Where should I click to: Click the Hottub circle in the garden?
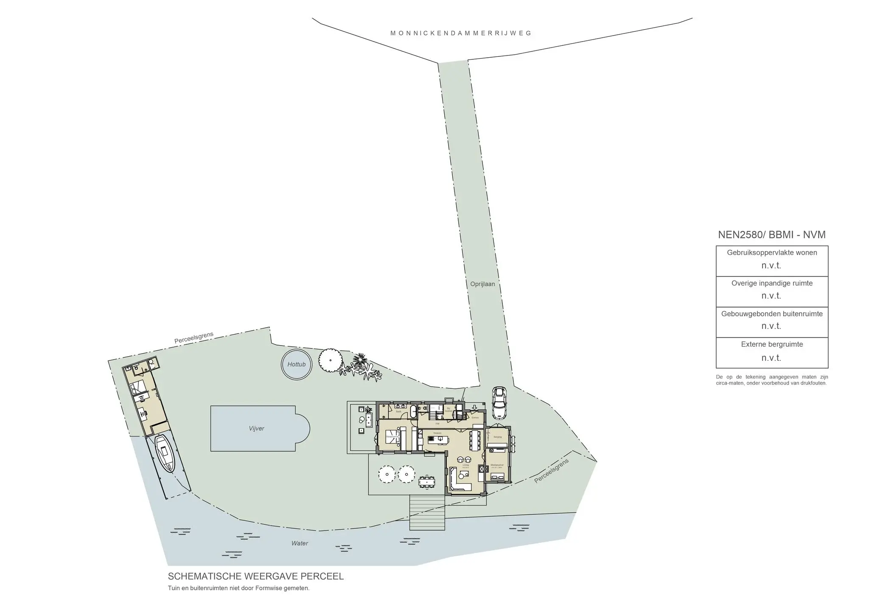click(296, 364)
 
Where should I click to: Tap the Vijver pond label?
click(256, 429)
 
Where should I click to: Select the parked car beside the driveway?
click(499, 402)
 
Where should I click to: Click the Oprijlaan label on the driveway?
click(482, 284)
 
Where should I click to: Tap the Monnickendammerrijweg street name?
click(460, 33)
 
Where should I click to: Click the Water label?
click(300, 543)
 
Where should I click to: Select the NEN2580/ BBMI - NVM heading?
click(771, 234)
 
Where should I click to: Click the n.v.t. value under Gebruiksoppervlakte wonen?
click(771, 266)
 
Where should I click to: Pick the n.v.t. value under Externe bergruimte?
click(771, 358)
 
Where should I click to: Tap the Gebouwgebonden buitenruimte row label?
click(772, 314)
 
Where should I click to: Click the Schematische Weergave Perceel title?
click(256, 576)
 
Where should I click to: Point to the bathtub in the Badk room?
click(413, 410)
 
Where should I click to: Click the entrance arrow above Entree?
click(474, 408)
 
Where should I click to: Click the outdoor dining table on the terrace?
click(427, 481)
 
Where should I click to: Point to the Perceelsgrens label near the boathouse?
click(194, 338)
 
